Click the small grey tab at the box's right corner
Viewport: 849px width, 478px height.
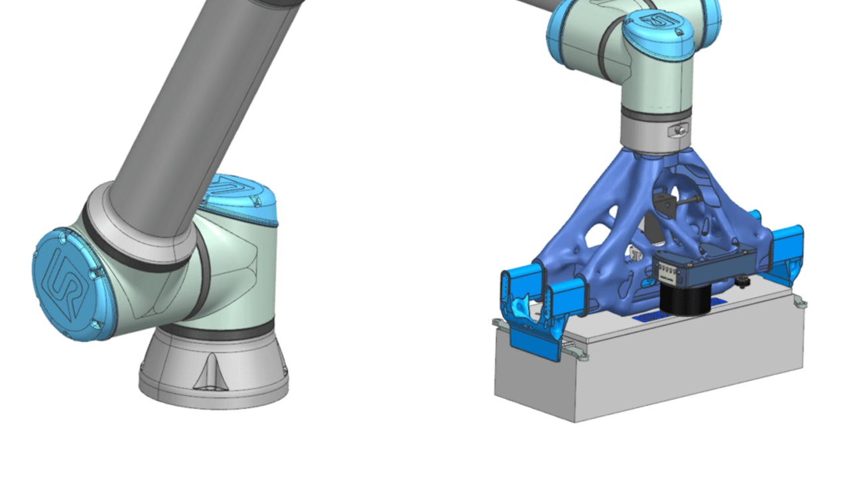[x=801, y=304]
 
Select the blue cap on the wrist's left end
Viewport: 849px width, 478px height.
[x=560, y=33]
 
